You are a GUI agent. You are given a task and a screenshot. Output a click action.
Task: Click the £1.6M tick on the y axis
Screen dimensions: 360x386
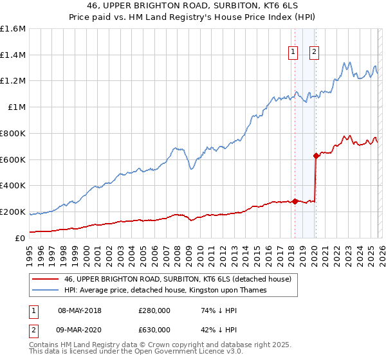[13, 29]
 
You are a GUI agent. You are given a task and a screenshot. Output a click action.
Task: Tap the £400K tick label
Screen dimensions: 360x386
[13, 186]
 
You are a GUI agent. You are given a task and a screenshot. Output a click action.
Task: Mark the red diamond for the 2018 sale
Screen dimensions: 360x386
[295, 201]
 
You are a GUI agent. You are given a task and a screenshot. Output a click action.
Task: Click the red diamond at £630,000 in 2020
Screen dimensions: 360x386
[316, 155]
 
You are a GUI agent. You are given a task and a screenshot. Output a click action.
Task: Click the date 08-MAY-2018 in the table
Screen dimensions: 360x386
[80, 310]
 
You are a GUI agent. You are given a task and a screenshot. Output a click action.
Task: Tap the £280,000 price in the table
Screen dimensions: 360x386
[154, 310]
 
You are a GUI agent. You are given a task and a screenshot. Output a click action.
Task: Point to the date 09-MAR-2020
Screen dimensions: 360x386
[80, 329]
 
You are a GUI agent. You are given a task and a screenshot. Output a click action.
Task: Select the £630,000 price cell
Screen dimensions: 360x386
[154, 329]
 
